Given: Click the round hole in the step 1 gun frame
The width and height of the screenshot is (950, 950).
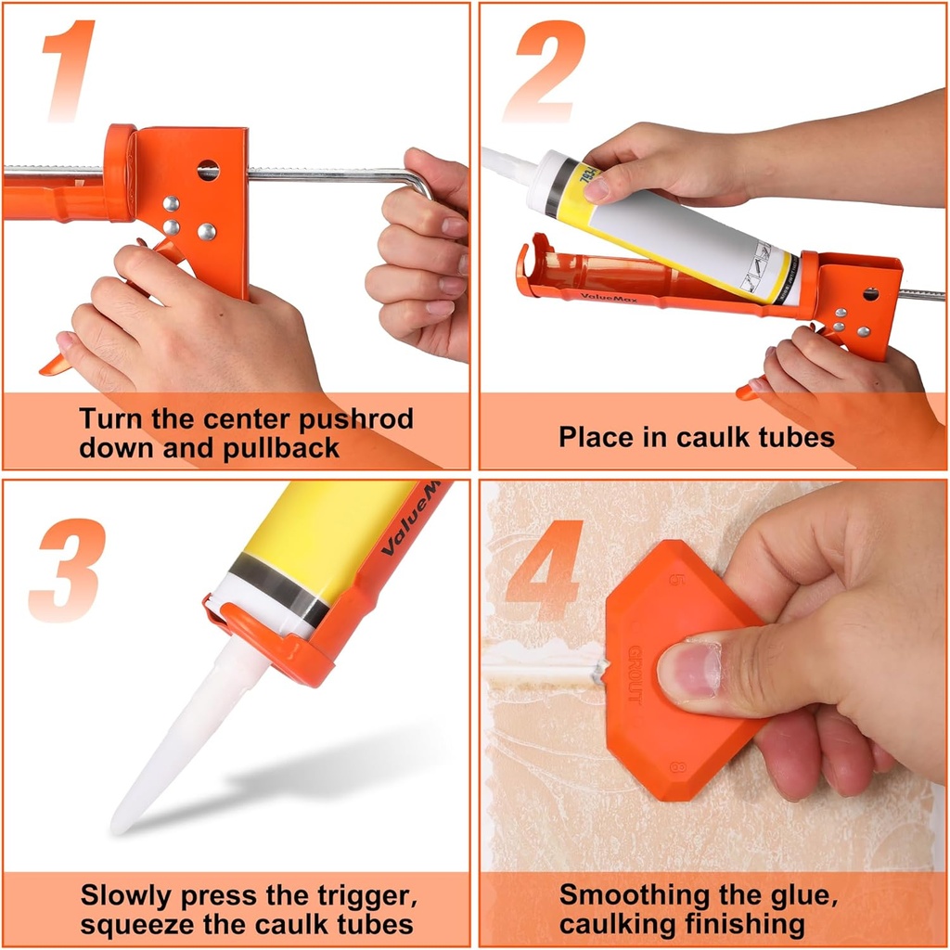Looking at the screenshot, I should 208,170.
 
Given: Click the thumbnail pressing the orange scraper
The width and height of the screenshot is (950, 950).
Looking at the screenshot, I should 687,670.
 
